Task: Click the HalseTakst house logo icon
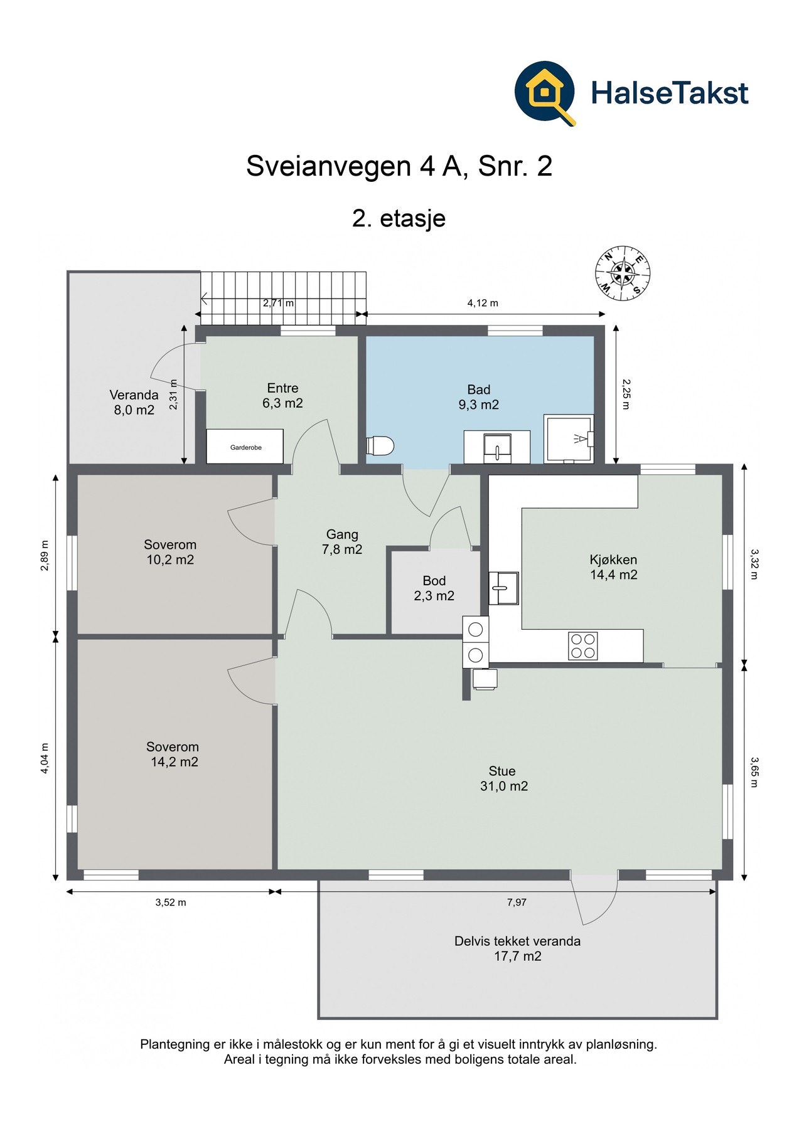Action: (545, 93)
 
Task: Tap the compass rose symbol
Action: (623, 273)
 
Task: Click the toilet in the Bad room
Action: (380, 446)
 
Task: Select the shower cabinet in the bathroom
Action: (569, 439)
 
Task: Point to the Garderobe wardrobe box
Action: (245, 447)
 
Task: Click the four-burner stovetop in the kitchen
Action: (583, 646)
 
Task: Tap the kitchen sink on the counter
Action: (503, 588)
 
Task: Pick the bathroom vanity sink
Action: (497, 447)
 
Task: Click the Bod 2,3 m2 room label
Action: (434, 588)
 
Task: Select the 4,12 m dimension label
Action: (483, 303)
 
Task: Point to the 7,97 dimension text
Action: (517, 903)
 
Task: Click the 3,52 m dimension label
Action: (171, 903)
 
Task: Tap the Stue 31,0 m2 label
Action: (503, 778)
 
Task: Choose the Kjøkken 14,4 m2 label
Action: (613, 567)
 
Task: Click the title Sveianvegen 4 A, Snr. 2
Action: (399, 166)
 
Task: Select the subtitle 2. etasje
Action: (399, 218)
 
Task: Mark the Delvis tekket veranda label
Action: (517, 941)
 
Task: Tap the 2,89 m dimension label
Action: (44, 555)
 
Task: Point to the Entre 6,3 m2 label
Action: (282, 396)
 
